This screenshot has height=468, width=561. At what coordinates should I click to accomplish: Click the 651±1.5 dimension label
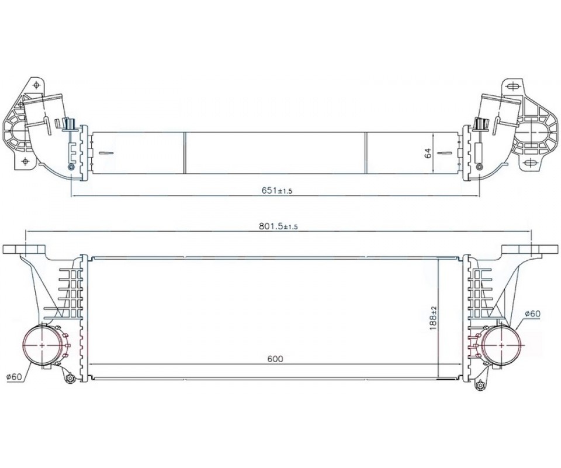coord(277,191)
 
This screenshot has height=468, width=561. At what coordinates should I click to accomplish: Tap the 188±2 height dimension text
coord(434,318)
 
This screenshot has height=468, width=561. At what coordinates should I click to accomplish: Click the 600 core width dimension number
coord(275,359)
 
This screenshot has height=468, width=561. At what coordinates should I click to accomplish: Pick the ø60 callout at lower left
coord(14,376)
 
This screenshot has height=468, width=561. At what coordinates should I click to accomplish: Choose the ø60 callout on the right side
coord(532,314)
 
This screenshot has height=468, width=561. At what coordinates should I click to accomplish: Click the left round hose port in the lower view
coord(42,345)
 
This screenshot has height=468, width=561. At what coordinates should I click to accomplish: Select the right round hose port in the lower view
coord(501,345)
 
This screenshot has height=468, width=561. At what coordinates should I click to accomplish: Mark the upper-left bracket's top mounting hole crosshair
coord(36,85)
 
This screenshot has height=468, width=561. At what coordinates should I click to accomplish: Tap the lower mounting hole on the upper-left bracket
coord(25,161)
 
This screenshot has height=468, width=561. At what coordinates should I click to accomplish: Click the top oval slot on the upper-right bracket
coord(513,87)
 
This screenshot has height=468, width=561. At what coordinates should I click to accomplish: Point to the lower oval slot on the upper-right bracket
coord(531,164)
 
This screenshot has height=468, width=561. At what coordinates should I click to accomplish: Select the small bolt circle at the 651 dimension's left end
coord(71,167)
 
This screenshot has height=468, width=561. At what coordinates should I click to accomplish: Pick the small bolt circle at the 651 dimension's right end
coord(479,167)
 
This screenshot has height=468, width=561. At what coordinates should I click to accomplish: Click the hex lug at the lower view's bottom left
coord(70,378)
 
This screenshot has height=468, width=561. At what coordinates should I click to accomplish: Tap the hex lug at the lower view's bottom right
coord(480,386)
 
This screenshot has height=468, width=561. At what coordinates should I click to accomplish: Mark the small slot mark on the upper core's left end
coord(106,154)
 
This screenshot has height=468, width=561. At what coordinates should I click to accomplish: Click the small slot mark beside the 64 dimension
coord(444,153)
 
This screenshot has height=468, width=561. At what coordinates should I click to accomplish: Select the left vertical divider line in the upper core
coord(185,153)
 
